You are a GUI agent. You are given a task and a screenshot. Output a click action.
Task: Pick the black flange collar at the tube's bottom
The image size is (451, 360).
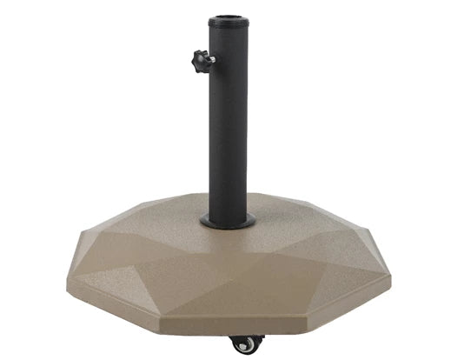tap(228, 223)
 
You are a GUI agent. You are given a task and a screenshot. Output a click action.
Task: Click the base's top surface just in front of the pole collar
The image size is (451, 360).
tap(228, 248)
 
